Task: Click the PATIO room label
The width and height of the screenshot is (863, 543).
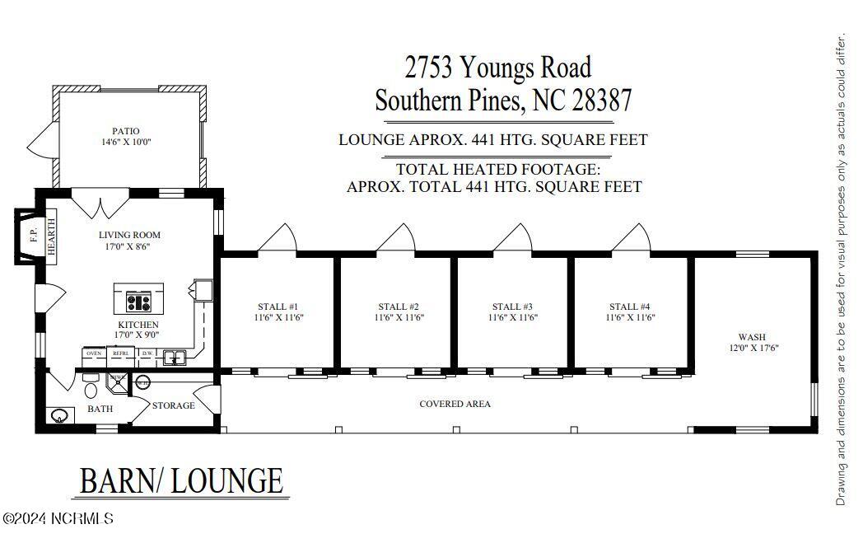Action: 126,131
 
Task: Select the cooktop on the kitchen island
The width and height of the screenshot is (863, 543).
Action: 138,298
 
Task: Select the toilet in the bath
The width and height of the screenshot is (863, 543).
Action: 90,390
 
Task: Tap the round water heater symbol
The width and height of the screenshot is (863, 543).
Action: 142,382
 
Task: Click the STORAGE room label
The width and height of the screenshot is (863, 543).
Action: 173,405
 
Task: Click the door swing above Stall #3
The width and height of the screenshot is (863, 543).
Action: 514,238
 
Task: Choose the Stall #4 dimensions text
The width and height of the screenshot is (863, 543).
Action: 630,317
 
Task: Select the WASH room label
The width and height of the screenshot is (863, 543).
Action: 752,337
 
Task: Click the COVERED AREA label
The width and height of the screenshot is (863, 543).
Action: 455,404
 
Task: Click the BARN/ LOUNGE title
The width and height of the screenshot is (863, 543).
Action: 181,480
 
